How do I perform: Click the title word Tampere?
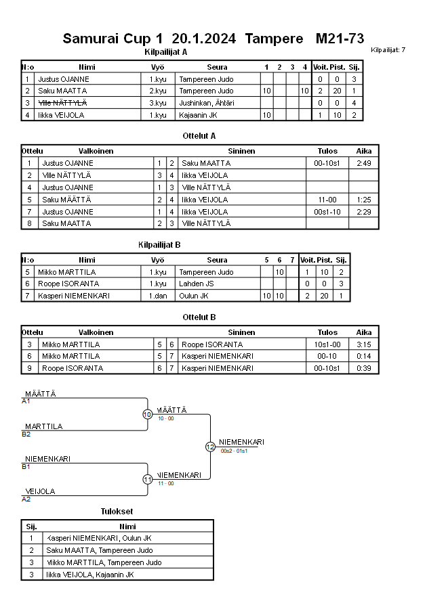(274, 39)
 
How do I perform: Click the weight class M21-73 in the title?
(340, 39)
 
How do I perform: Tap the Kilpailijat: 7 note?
(388, 50)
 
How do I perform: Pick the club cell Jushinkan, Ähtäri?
(206, 103)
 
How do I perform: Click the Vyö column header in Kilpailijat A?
(157, 67)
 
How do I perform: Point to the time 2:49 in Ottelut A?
(364, 163)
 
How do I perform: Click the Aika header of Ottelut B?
(364, 332)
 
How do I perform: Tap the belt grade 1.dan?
(158, 296)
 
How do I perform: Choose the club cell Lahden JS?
(196, 284)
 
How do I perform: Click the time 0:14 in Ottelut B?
(364, 356)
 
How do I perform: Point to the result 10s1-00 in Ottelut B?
(327, 344)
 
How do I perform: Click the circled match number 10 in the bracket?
(147, 414)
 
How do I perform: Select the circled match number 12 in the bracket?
(210, 447)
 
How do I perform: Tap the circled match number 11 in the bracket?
(147, 479)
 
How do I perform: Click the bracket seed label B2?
(26, 434)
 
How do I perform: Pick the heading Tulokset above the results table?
(117, 511)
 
